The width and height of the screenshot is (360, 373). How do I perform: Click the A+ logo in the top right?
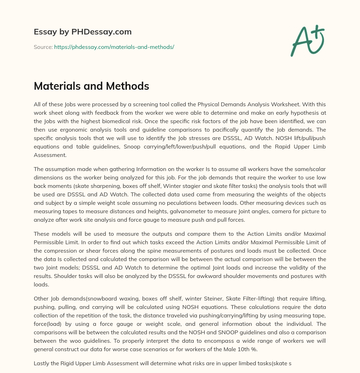pos(307,40)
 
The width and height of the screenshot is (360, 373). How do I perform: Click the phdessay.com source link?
pos(114,47)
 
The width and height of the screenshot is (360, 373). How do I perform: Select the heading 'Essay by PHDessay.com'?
pos(83,32)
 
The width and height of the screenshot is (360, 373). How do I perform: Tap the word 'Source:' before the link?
pos(43,47)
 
